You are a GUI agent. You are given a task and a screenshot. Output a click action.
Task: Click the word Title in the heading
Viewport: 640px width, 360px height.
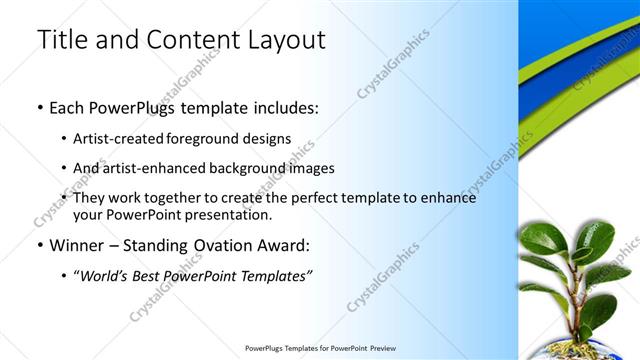tap(60, 40)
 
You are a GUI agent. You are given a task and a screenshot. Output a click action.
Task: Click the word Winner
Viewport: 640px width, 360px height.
tap(77, 245)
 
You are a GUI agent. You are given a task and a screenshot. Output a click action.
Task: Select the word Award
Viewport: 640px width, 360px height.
tap(285, 245)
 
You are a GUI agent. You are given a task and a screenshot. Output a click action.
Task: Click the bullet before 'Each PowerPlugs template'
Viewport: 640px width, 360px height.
tap(39, 107)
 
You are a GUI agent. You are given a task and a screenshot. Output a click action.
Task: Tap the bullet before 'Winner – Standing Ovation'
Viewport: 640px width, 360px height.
tap(39, 246)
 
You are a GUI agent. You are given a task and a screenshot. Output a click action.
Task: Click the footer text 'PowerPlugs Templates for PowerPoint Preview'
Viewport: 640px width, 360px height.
tap(320, 349)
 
